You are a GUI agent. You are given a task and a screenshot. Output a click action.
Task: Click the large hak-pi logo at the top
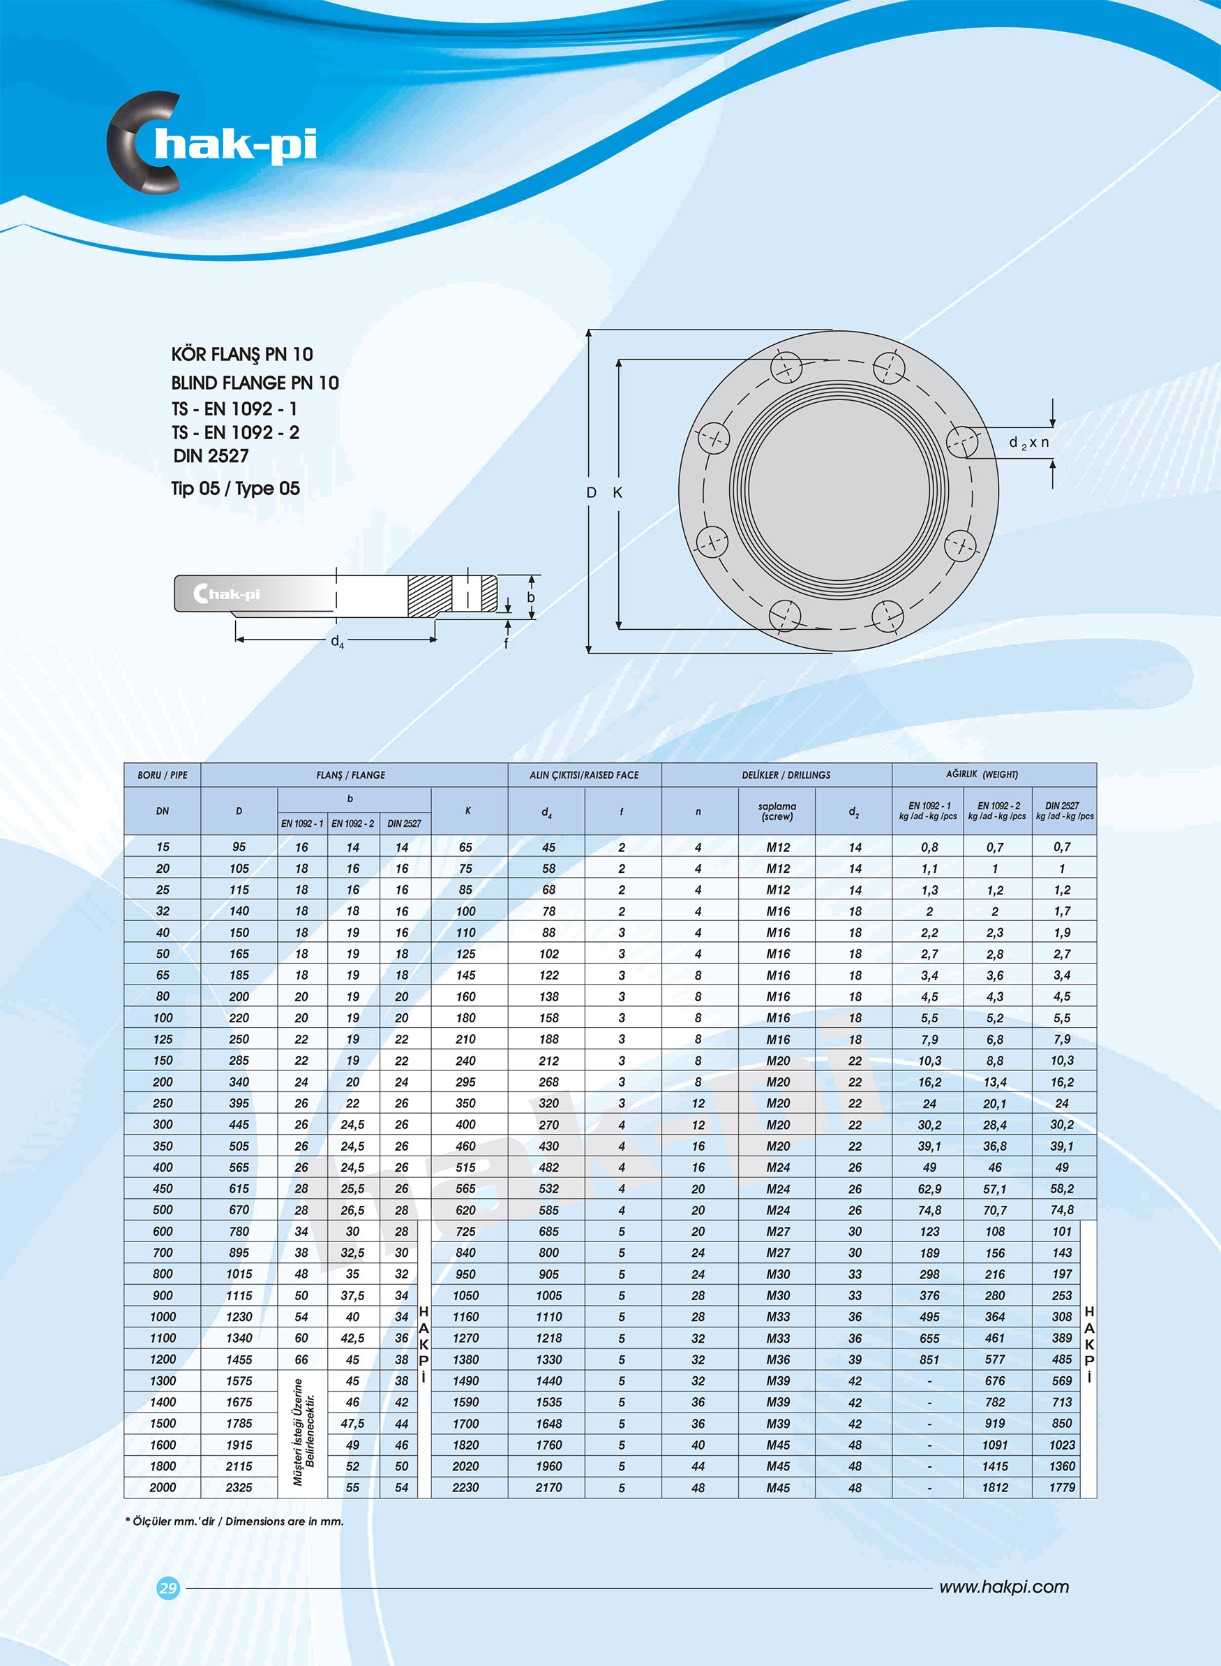pos(213,142)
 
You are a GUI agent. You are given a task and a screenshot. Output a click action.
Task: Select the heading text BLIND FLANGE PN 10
pos(254,383)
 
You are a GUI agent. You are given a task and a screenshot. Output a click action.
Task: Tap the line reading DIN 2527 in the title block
pos(211,456)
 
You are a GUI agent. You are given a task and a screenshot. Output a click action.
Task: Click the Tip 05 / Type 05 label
pos(235,489)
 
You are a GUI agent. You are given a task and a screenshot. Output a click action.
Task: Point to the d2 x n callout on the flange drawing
pos(1028,442)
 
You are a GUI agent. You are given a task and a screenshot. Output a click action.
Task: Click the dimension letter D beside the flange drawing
pos(590,492)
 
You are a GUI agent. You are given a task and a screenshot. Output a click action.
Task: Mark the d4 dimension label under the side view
pos(337,642)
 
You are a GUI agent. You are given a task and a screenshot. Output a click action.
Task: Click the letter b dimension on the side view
pos(530,598)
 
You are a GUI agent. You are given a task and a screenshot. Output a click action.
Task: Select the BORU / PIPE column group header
pos(162,775)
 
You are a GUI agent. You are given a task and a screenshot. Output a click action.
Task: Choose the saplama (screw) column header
pos(777,811)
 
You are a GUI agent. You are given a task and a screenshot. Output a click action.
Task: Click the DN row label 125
pos(163,1039)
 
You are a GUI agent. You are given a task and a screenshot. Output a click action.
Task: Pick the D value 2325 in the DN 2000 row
pos(239,1487)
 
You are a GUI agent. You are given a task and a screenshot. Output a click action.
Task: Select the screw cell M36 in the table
pos(777,1359)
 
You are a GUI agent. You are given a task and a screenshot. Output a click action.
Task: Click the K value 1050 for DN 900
pos(465,1295)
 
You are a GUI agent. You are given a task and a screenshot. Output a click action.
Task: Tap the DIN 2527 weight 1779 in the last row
pos(1061,1487)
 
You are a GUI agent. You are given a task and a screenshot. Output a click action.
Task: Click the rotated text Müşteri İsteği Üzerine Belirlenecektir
pos(304,1432)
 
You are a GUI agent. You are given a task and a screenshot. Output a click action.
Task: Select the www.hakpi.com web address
pos(1003,1587)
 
